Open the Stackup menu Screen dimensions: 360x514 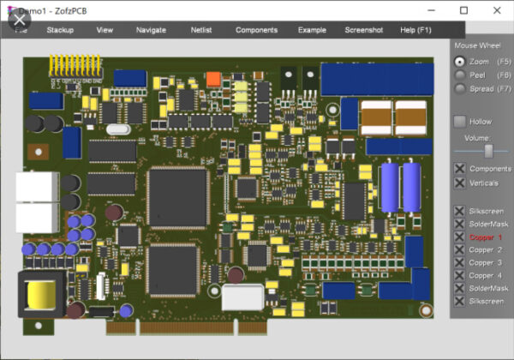[60, 30]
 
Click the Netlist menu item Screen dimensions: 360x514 [200, 30]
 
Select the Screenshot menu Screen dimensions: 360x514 [364, 30]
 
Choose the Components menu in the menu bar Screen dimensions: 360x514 [256, 30]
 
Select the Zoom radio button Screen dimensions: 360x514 [460, 62]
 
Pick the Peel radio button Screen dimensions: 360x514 [460, 75]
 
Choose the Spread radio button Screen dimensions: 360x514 [460, 89]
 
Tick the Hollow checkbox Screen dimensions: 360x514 [460, 122]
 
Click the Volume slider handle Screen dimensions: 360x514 [488, 151]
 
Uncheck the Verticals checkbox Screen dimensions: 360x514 [460, 183]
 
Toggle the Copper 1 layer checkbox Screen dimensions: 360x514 [460, 237]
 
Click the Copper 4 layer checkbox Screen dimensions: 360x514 [460, 275]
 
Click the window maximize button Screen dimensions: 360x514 [463, 10]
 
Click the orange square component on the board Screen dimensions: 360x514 [213, 79]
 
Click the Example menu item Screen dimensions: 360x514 [312, 30]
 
